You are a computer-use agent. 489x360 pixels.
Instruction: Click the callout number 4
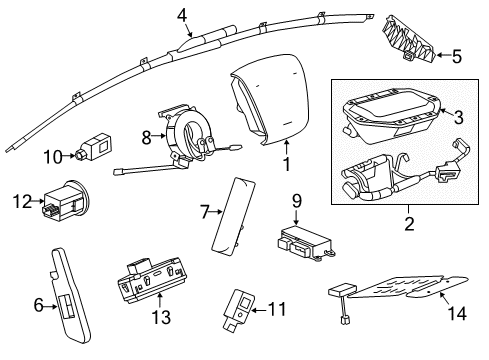pos(182,16)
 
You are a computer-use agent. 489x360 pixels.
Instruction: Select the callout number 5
pos(457,56)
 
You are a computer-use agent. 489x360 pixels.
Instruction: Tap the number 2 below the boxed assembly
pos(409,224)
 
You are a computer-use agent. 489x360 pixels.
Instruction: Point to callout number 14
pos(457,314)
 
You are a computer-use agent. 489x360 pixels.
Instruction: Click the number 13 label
pos(161,317)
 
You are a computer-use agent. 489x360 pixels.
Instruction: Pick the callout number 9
pos(297,201)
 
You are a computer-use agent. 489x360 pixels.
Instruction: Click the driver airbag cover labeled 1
pos(269,99)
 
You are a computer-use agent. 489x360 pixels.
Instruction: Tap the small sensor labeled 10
pos(94,146)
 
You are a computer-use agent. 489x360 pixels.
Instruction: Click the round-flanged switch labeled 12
pos(66,201)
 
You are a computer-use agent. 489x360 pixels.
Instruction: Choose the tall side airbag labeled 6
pos(70,296)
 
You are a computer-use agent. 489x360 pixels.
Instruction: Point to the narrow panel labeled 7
pos(233,217)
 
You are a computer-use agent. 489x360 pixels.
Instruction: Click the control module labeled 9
pos(305,242)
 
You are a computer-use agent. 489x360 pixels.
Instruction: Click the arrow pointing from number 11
pos(258,310)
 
